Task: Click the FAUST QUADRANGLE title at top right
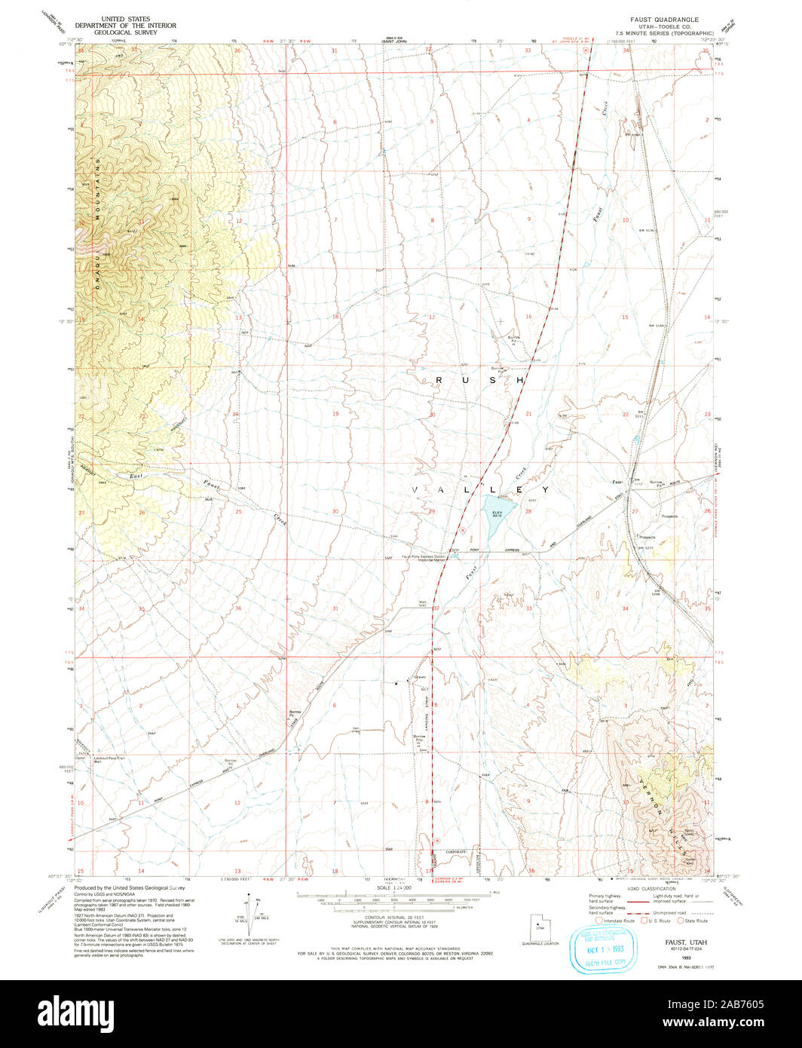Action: point(665,19)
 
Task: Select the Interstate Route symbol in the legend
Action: point(600,921)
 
